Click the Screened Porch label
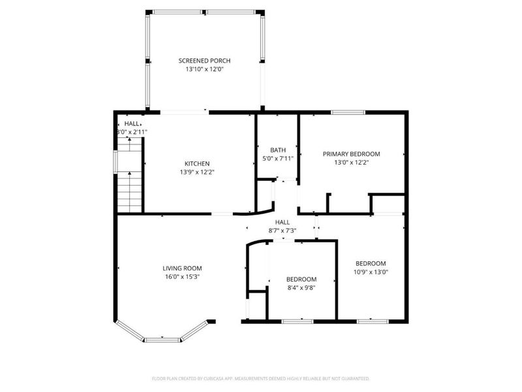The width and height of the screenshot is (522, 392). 204,61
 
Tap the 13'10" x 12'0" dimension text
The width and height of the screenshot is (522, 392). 204,69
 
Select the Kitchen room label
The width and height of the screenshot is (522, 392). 196,163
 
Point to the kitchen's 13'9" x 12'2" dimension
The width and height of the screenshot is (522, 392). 196,172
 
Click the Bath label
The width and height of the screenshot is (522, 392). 277,149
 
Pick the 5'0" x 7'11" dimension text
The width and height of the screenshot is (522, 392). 277,158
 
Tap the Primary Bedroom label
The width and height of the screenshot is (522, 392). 351,154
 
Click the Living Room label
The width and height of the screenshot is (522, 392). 182,268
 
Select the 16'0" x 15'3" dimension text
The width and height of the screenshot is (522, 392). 182,277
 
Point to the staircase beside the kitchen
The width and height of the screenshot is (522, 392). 130,190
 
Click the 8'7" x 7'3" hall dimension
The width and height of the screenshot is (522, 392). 282,231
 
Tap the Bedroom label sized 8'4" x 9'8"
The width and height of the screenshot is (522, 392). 301,279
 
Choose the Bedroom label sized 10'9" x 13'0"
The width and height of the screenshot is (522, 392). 370,263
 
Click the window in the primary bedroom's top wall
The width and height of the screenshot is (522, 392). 348,113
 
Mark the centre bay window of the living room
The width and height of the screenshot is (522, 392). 162,339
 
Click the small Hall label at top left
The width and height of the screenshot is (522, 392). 132,123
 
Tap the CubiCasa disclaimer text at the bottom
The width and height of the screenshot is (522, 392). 260,378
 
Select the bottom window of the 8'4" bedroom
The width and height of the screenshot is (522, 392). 296,321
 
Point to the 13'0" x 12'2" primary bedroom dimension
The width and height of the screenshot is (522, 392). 351,163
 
